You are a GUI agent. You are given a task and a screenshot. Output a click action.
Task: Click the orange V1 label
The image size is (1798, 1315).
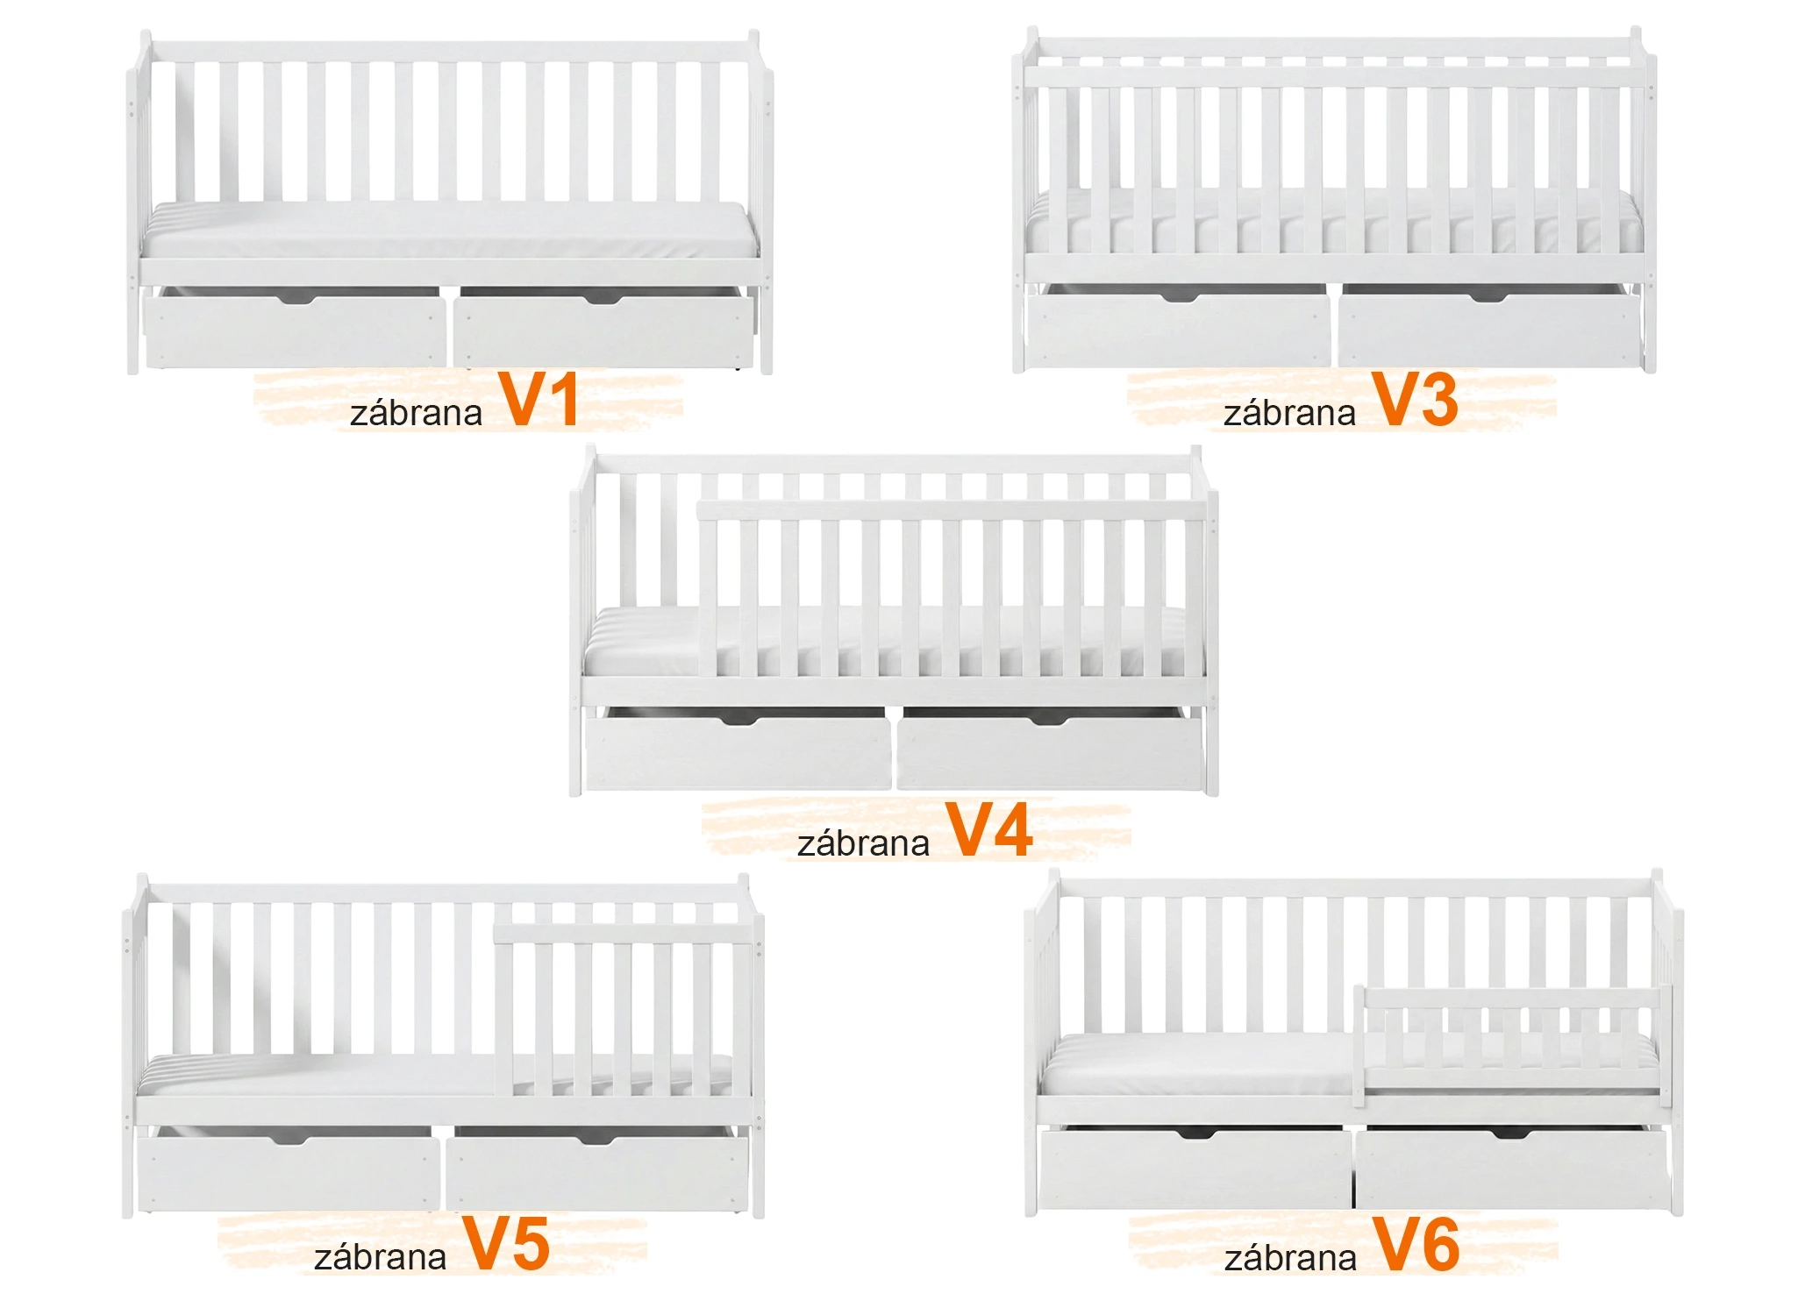[539, 400]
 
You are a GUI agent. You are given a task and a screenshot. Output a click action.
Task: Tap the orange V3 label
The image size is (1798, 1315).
[1415, 400]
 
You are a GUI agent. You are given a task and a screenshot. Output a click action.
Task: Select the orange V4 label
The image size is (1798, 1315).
[989, 829]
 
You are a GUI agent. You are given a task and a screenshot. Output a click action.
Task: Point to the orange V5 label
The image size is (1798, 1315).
[506, 1243]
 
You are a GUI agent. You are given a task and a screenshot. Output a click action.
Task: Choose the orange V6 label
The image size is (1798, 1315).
[1416, 1244]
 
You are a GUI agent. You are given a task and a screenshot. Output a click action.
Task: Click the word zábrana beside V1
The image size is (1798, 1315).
[416, 413]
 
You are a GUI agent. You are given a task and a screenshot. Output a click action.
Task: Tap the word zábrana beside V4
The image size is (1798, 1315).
[863, 843]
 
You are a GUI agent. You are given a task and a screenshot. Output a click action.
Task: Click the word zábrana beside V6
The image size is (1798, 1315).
[1290, 1258]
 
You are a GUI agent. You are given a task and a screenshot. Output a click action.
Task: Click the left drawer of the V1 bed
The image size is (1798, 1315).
[294, 331]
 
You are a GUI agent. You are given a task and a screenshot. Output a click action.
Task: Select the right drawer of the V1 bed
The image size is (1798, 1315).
[603, 331]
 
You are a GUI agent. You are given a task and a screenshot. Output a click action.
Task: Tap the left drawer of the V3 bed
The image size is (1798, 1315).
[1179, 330]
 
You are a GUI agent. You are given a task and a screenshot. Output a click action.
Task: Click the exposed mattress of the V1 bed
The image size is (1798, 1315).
[449, 230]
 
